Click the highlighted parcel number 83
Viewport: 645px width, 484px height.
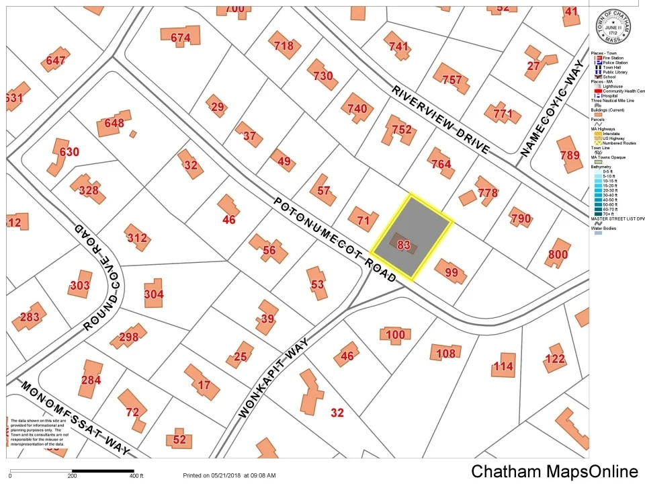pyautogui.click(x=404, y=245)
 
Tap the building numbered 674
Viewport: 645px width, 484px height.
pyautogui.click(x=181, y=38)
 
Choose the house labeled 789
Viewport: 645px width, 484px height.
pyautogui.click(x=569, y=155)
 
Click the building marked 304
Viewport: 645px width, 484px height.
pyautogui.click(x=154, y=294)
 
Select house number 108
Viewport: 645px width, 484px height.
pyautogui.click(x=446, y=353)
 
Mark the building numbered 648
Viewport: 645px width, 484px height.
pyautogui.click(x=114, y=124)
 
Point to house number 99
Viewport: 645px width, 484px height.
pyautogui.click(x=451, y=272)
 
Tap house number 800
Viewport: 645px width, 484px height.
pyautogui.click(x=558, y=254)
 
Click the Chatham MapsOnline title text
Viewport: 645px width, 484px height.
pyautogui.click(x=554, y=471)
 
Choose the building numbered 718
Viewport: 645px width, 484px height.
pyautogui.click(x=284, y=46)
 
